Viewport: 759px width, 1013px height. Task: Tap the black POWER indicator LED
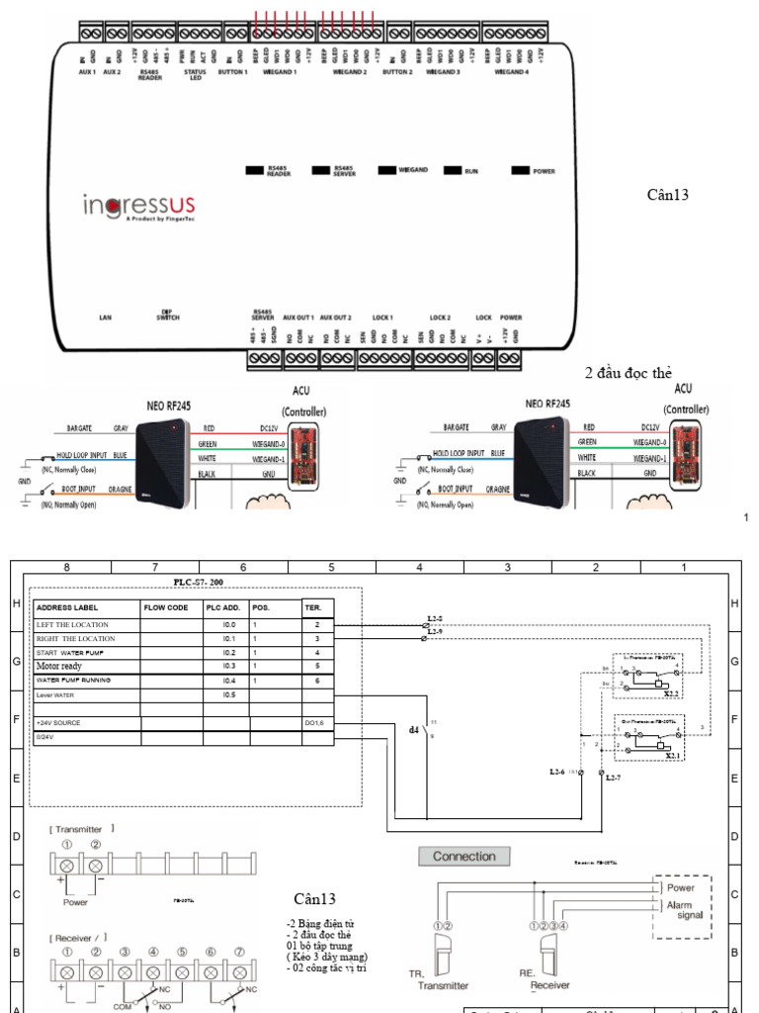click(520, 171)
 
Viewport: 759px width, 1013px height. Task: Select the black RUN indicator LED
click(454, 171)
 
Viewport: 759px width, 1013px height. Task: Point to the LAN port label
click(106, 318)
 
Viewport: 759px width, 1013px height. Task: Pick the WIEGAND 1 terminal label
click(280, 72)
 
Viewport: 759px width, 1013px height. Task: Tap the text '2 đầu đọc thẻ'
click(629, 373)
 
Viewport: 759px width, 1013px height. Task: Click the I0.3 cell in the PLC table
click(228, 667)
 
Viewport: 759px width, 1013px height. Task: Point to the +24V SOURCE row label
click(59, 723)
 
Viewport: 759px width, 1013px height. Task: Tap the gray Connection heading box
click(464, 856)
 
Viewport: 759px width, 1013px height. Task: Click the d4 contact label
click(414, 730)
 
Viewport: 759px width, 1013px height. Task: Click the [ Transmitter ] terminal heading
click(84, 827)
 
